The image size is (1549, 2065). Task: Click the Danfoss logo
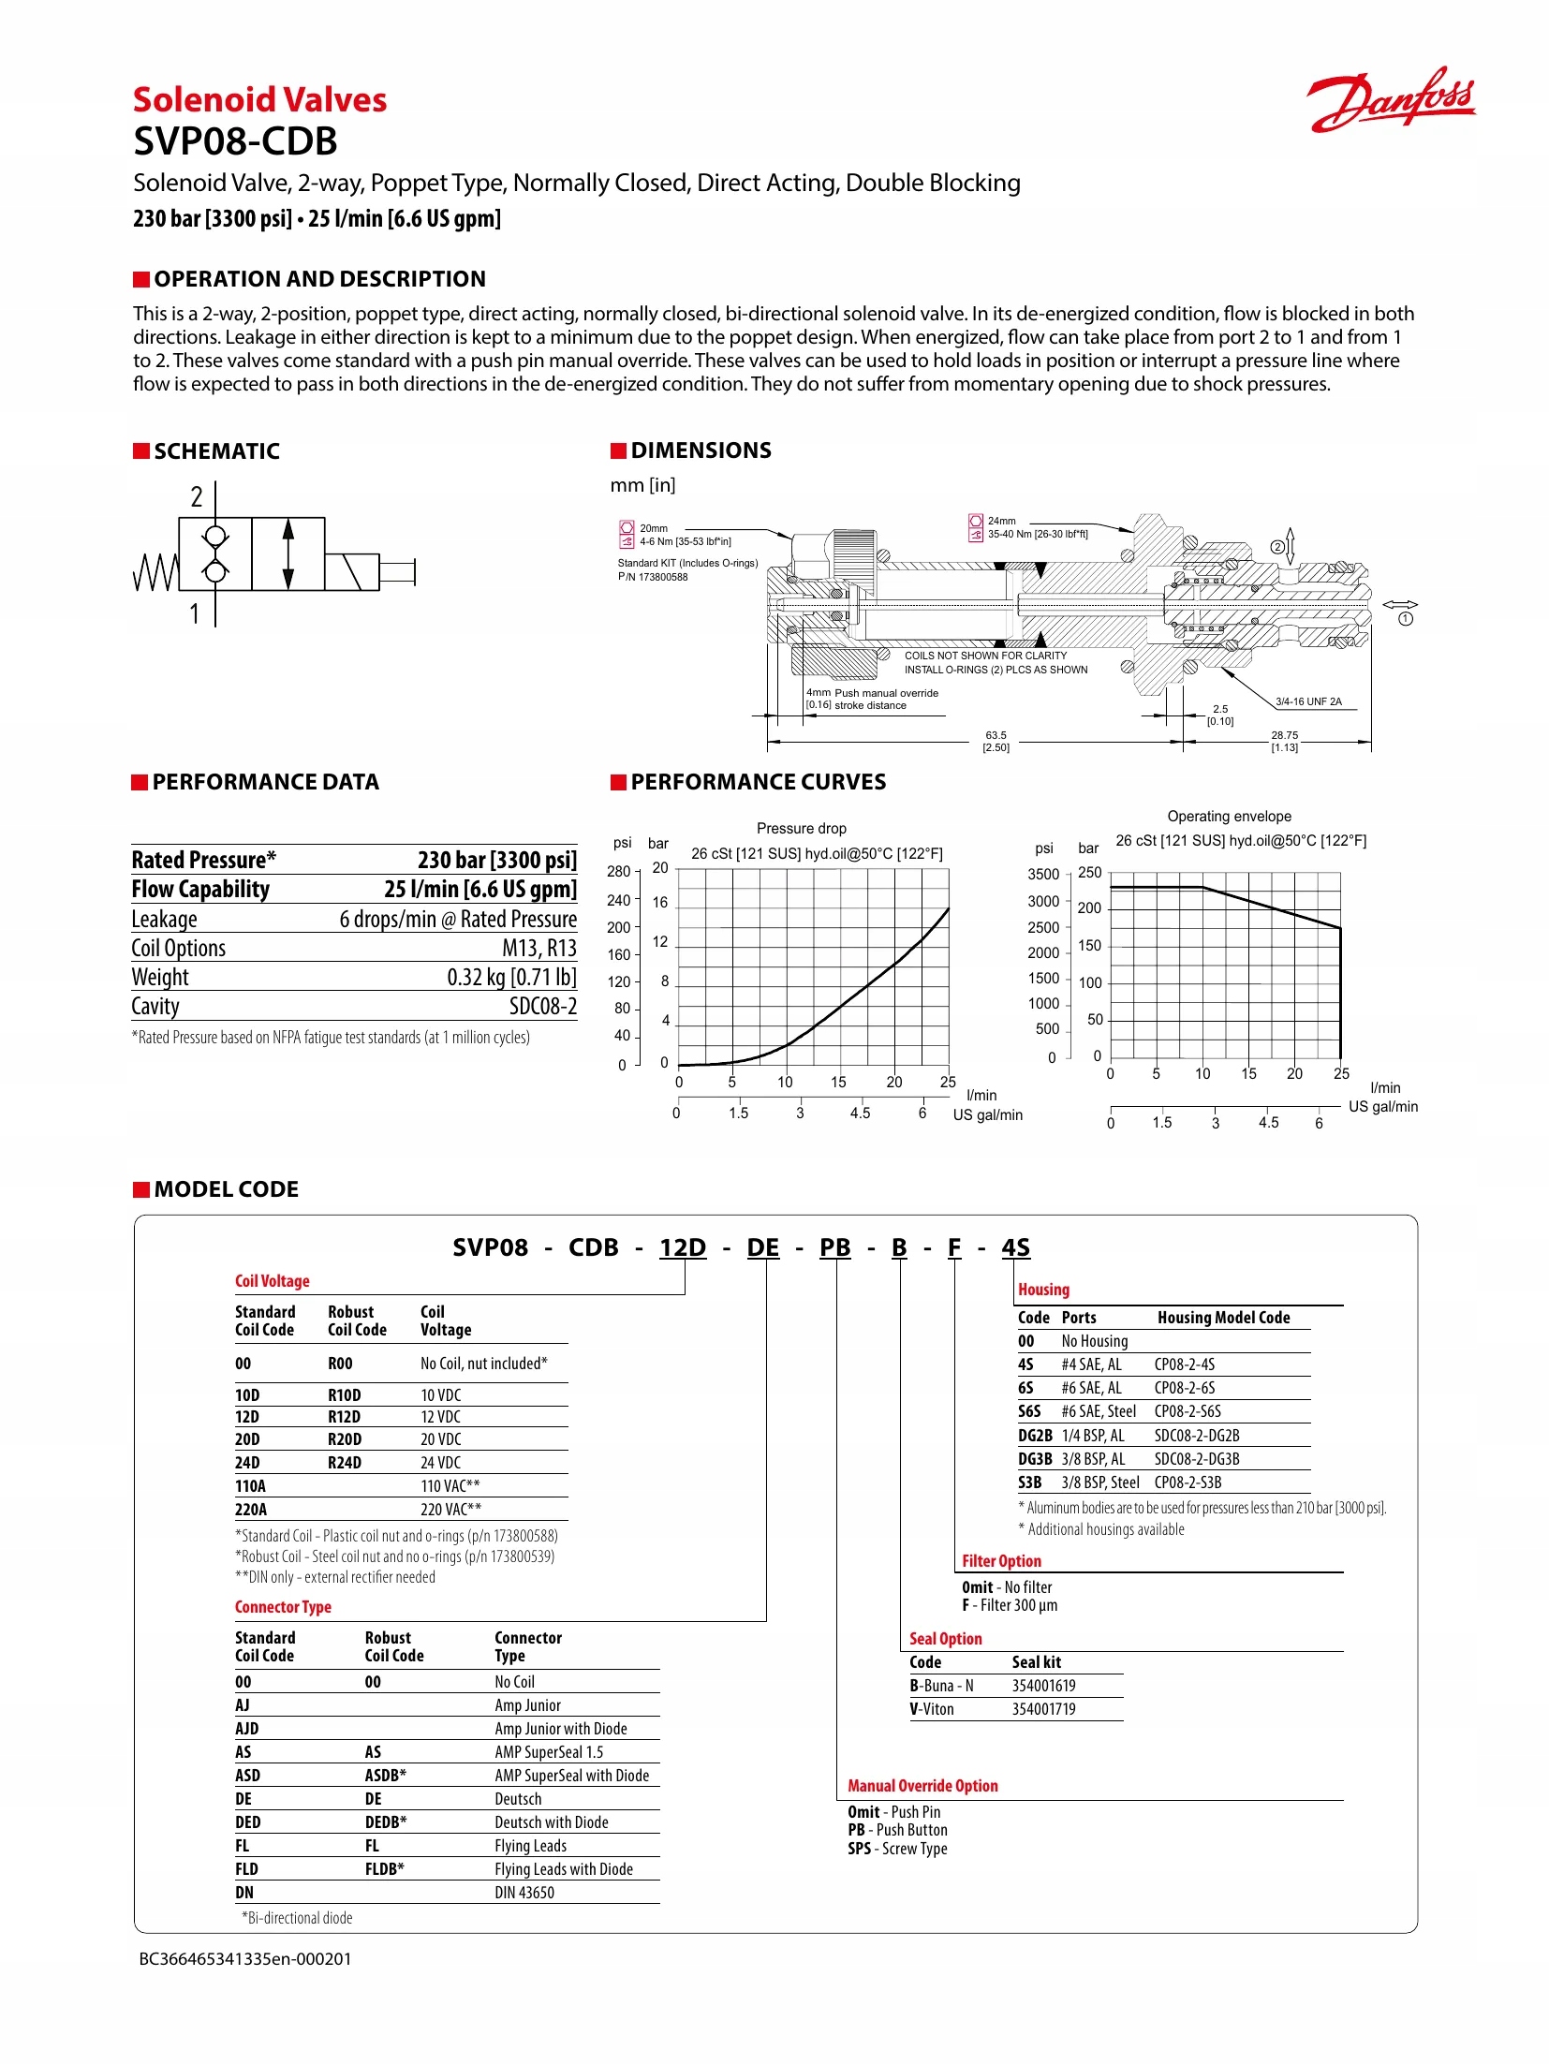1390,99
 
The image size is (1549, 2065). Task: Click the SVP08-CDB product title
235,141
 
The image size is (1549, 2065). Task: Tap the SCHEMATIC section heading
216,451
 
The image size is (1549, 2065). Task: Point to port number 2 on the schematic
197,496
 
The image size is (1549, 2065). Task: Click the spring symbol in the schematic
155,572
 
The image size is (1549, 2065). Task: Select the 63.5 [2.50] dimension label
996,741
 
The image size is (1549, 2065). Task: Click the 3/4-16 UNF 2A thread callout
1308,701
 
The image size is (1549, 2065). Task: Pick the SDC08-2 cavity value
542,1007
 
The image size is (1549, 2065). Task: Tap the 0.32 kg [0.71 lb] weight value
511,978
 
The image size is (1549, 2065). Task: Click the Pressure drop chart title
801,829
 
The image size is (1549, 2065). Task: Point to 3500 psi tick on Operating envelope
1043,875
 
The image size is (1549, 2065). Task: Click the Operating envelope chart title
1229,817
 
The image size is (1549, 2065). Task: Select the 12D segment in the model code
682,1247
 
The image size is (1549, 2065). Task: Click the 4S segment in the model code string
1015,1247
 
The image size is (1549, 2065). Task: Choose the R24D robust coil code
344,1463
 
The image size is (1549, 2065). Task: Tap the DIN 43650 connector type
524,1893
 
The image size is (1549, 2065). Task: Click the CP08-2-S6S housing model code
1188,1411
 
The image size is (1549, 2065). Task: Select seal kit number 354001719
1043,1709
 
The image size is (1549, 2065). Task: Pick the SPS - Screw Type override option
897,1849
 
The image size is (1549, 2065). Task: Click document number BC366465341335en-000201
245,1958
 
